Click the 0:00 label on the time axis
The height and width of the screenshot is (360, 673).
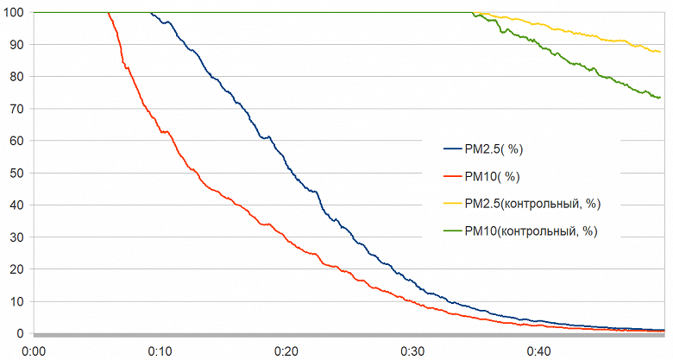coord(34,351)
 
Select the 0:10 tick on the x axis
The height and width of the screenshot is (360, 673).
coord(160,351)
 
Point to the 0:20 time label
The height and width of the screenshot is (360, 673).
coord(286,351)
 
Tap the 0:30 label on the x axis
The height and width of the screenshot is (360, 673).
coord(412,351)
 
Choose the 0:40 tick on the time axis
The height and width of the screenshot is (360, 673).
coord(538,351)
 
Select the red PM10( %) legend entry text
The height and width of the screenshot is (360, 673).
coord(491,176)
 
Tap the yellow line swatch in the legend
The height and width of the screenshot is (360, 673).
coord(452,204)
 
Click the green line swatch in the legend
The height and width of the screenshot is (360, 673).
coord(452,231)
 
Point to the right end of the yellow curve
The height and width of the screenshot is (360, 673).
coord(660,53)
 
